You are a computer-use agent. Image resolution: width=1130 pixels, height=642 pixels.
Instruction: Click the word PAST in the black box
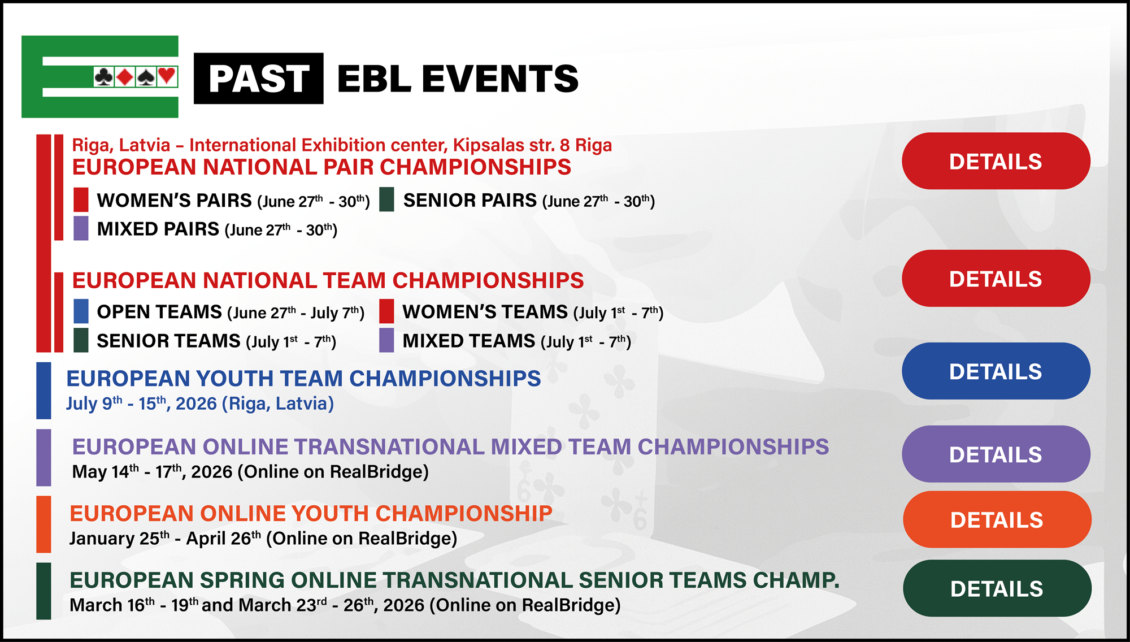coord(259,79)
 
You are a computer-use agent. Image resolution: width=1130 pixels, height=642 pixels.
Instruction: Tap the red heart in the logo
coord(167,76)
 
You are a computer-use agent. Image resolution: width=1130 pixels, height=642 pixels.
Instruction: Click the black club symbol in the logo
coord(103,76)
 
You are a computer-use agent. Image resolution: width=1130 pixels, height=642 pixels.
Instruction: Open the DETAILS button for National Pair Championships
coord(996,161)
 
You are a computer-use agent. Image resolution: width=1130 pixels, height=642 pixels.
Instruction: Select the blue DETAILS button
coord(996,371)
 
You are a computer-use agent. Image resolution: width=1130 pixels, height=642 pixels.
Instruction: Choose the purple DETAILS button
coord(996,454)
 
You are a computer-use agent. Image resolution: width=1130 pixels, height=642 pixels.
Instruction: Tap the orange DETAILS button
coord(997,519)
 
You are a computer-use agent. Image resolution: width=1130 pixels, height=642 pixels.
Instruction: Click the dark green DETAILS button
coord(997,588)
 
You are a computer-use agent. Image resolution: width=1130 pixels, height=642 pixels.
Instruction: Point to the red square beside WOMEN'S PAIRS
coord(81,199)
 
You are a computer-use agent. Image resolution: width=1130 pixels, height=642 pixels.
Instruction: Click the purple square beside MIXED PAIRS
coord(81,228)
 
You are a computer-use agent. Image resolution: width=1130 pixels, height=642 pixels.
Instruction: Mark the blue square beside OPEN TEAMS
coord(81,311)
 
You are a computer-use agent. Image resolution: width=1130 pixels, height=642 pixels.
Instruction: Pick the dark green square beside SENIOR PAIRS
coord(386,199)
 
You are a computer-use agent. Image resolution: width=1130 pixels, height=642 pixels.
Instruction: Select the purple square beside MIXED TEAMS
coord(386,340)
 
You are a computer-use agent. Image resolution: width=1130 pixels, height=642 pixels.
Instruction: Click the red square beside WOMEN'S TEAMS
coord(386,311)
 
